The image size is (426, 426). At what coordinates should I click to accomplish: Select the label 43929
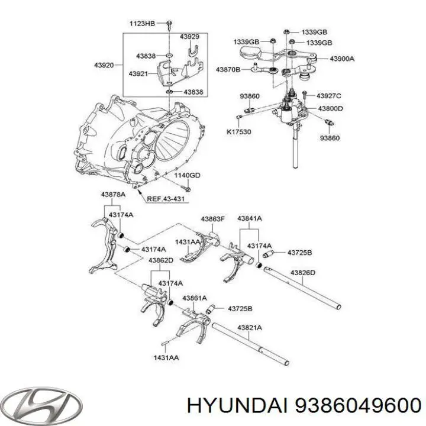(x=189, y=37)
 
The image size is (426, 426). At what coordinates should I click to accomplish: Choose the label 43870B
(x=228, y=70)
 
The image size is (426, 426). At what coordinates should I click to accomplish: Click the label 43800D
(x=331, y=108)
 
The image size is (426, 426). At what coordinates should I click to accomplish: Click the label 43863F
(x=212, y=219)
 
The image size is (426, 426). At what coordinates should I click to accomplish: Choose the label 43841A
(x=250, y=219)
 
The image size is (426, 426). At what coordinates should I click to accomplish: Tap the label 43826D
(x=302, y=273)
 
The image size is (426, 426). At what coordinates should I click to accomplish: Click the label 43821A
(x=250, y=327)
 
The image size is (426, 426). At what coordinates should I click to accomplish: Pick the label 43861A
(x=193, y=298)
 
